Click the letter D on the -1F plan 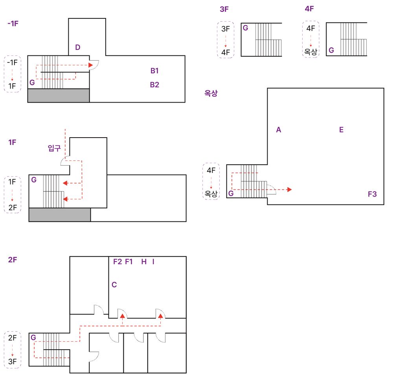click(78, 47)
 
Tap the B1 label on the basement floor click(154, 71)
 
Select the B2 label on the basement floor click(154, 85)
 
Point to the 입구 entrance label click(54, 148)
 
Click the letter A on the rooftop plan click(279, 130)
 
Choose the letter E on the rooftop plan click(341, 130)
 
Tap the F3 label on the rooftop click(372, 194)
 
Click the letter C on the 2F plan click(114, 285)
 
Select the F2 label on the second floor click(117, 261)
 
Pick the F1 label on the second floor click(129, 261)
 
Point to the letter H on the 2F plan click(144, 261)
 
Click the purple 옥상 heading click(211, 93)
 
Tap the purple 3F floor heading click(224, 9)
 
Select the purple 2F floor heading click(13, 260)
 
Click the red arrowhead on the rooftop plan click(290, 190)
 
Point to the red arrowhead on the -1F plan click(91, 65)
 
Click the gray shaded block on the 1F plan click(60, 215)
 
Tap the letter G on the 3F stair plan click(245, 28)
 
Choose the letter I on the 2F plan click(153, 261)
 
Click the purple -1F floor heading click(13, 24)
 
